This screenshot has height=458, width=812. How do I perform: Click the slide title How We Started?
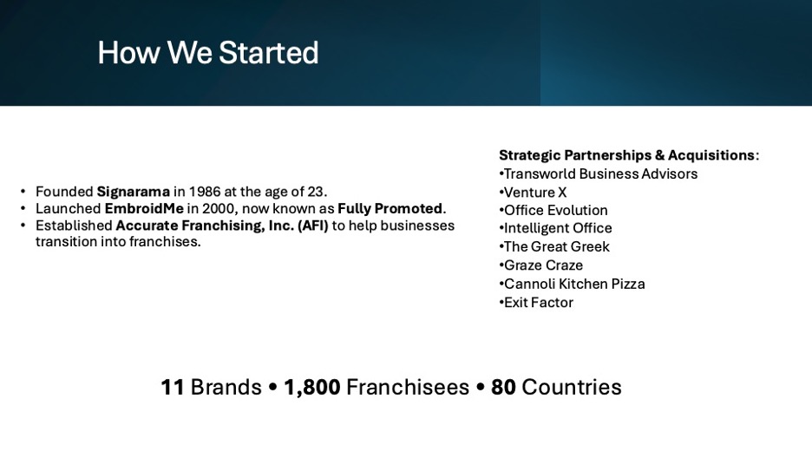(x=208, y=53)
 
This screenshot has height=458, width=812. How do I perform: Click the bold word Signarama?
(x=133, y=192)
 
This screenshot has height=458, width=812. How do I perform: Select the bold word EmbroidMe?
(x=144, y=208)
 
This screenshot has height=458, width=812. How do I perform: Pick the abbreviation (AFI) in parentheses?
(x=313, y=226)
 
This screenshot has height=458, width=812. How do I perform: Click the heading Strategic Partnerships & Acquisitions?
(x=626, y=155)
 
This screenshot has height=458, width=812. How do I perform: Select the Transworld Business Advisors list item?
(x=598, y=173)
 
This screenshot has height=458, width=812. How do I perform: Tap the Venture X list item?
(x=533, y=193)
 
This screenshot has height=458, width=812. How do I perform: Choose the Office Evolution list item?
(x=553, y=210)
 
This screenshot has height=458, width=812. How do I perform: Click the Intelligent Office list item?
(x=555, y=228)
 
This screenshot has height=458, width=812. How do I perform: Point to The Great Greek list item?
(x=554, y=246)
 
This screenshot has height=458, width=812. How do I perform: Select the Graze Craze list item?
(x=540, y=265)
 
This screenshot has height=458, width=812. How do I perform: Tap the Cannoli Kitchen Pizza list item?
(x=572, y=284)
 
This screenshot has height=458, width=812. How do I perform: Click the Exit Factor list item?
(x=536, y=302)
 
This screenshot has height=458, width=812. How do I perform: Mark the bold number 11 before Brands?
(x=173, y=387)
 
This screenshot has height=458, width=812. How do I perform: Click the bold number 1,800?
(x=312, y=387)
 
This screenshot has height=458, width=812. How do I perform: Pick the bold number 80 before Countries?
(x=503, y=387)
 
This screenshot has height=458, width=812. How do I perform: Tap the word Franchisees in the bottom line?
(x=408, y=387)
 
